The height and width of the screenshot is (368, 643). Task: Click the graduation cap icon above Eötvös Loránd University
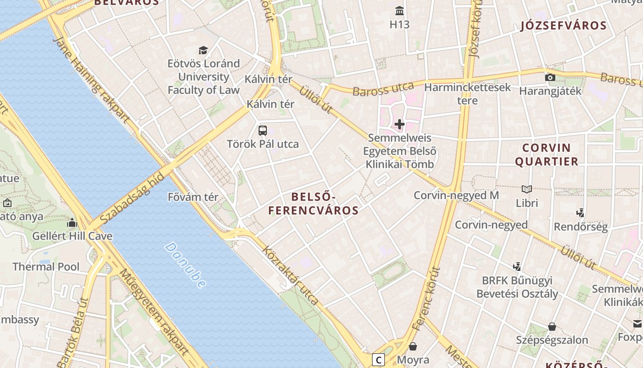pos(203,50)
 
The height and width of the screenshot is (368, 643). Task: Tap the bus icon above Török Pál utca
pos(263,131)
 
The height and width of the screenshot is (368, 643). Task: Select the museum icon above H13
pos(400,11)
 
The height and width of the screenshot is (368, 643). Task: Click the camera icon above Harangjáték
pos(550,77)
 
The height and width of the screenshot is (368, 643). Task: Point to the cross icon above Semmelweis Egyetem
pos(400,124)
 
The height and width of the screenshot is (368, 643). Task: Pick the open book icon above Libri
pos(527,189)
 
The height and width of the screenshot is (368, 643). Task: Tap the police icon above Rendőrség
pos(581,213)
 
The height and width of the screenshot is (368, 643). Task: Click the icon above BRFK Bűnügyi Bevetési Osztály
pos(517,266)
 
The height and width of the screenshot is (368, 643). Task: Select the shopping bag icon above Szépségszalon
pos(552,327)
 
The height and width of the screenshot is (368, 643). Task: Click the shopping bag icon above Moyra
pos(413,346)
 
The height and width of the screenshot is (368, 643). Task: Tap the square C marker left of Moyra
pos(378,359)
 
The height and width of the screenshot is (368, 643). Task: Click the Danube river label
pos(185,265)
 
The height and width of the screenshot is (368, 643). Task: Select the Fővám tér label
pos(193,197)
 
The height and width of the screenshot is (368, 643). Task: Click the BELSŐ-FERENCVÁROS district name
pos(313,204)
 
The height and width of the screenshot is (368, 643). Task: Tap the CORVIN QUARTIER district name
pos(546,155)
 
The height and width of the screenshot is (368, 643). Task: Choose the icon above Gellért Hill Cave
pos(72,223)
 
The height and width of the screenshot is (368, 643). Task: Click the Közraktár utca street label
pos(290,275)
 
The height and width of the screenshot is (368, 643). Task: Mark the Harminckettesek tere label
pos(468,94)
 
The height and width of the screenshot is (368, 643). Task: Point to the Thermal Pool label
pos(46,267)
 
